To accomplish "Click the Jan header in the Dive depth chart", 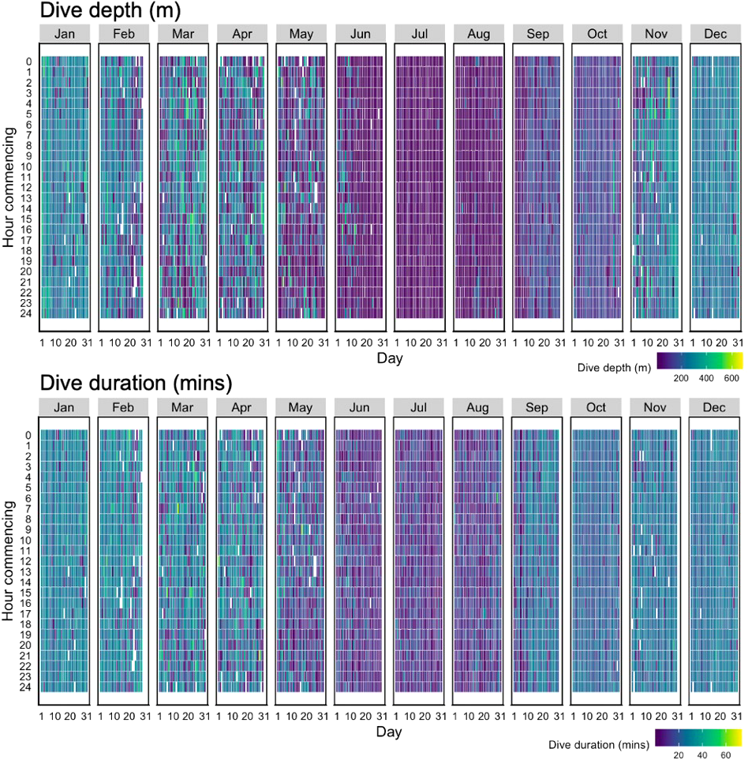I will click(65, 34).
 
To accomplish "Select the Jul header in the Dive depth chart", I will click(419, 34).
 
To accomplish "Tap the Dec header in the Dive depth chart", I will click(715, 34).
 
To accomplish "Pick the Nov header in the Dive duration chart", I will click(655, 407).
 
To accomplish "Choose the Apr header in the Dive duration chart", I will click(241, 407).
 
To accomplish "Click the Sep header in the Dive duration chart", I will click(537, 407).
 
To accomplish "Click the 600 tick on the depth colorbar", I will click(731, 380).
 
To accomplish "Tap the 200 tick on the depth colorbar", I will click(680, 380).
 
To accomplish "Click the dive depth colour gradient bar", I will click(700, 361).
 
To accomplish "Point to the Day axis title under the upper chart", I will click(390, 358).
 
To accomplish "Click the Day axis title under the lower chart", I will click(390, 732).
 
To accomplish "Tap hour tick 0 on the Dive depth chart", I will click(28, 62).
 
